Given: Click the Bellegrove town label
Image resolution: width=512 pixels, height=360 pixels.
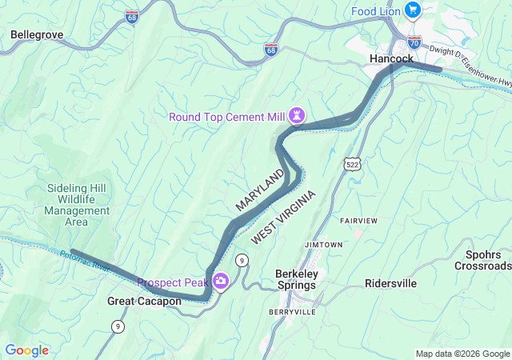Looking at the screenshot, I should pos(37,35).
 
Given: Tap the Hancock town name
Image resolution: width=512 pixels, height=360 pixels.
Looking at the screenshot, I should pos(392,59).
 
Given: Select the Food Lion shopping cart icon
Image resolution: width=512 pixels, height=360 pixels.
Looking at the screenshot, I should pos(412,10).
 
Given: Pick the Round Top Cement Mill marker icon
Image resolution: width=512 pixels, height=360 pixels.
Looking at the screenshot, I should pos(297,116).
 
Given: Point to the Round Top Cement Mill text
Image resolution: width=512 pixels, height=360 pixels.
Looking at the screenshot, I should pos(227,117).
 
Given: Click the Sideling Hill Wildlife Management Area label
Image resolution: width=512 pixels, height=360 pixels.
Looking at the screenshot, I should pos(77,205).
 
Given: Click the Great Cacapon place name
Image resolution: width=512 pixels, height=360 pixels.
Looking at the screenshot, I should pos(144,302).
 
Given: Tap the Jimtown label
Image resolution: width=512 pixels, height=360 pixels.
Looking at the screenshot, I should pos(323,244).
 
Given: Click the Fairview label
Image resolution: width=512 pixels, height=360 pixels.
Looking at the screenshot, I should pos(358,220).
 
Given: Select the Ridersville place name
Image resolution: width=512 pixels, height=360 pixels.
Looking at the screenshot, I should pos(390,283).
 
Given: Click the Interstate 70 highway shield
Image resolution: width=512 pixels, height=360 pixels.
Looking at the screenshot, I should pos(414,40).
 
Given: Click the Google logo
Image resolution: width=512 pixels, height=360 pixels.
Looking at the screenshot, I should pos(26,350).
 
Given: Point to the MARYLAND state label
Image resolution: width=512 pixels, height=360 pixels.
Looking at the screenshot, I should pos(260,190).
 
